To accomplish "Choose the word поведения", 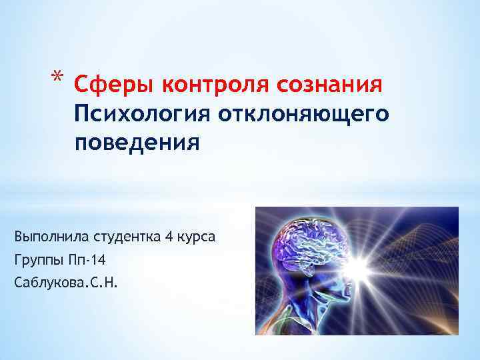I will (x=137, y=142).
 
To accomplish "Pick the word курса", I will (x=197, y=237).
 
